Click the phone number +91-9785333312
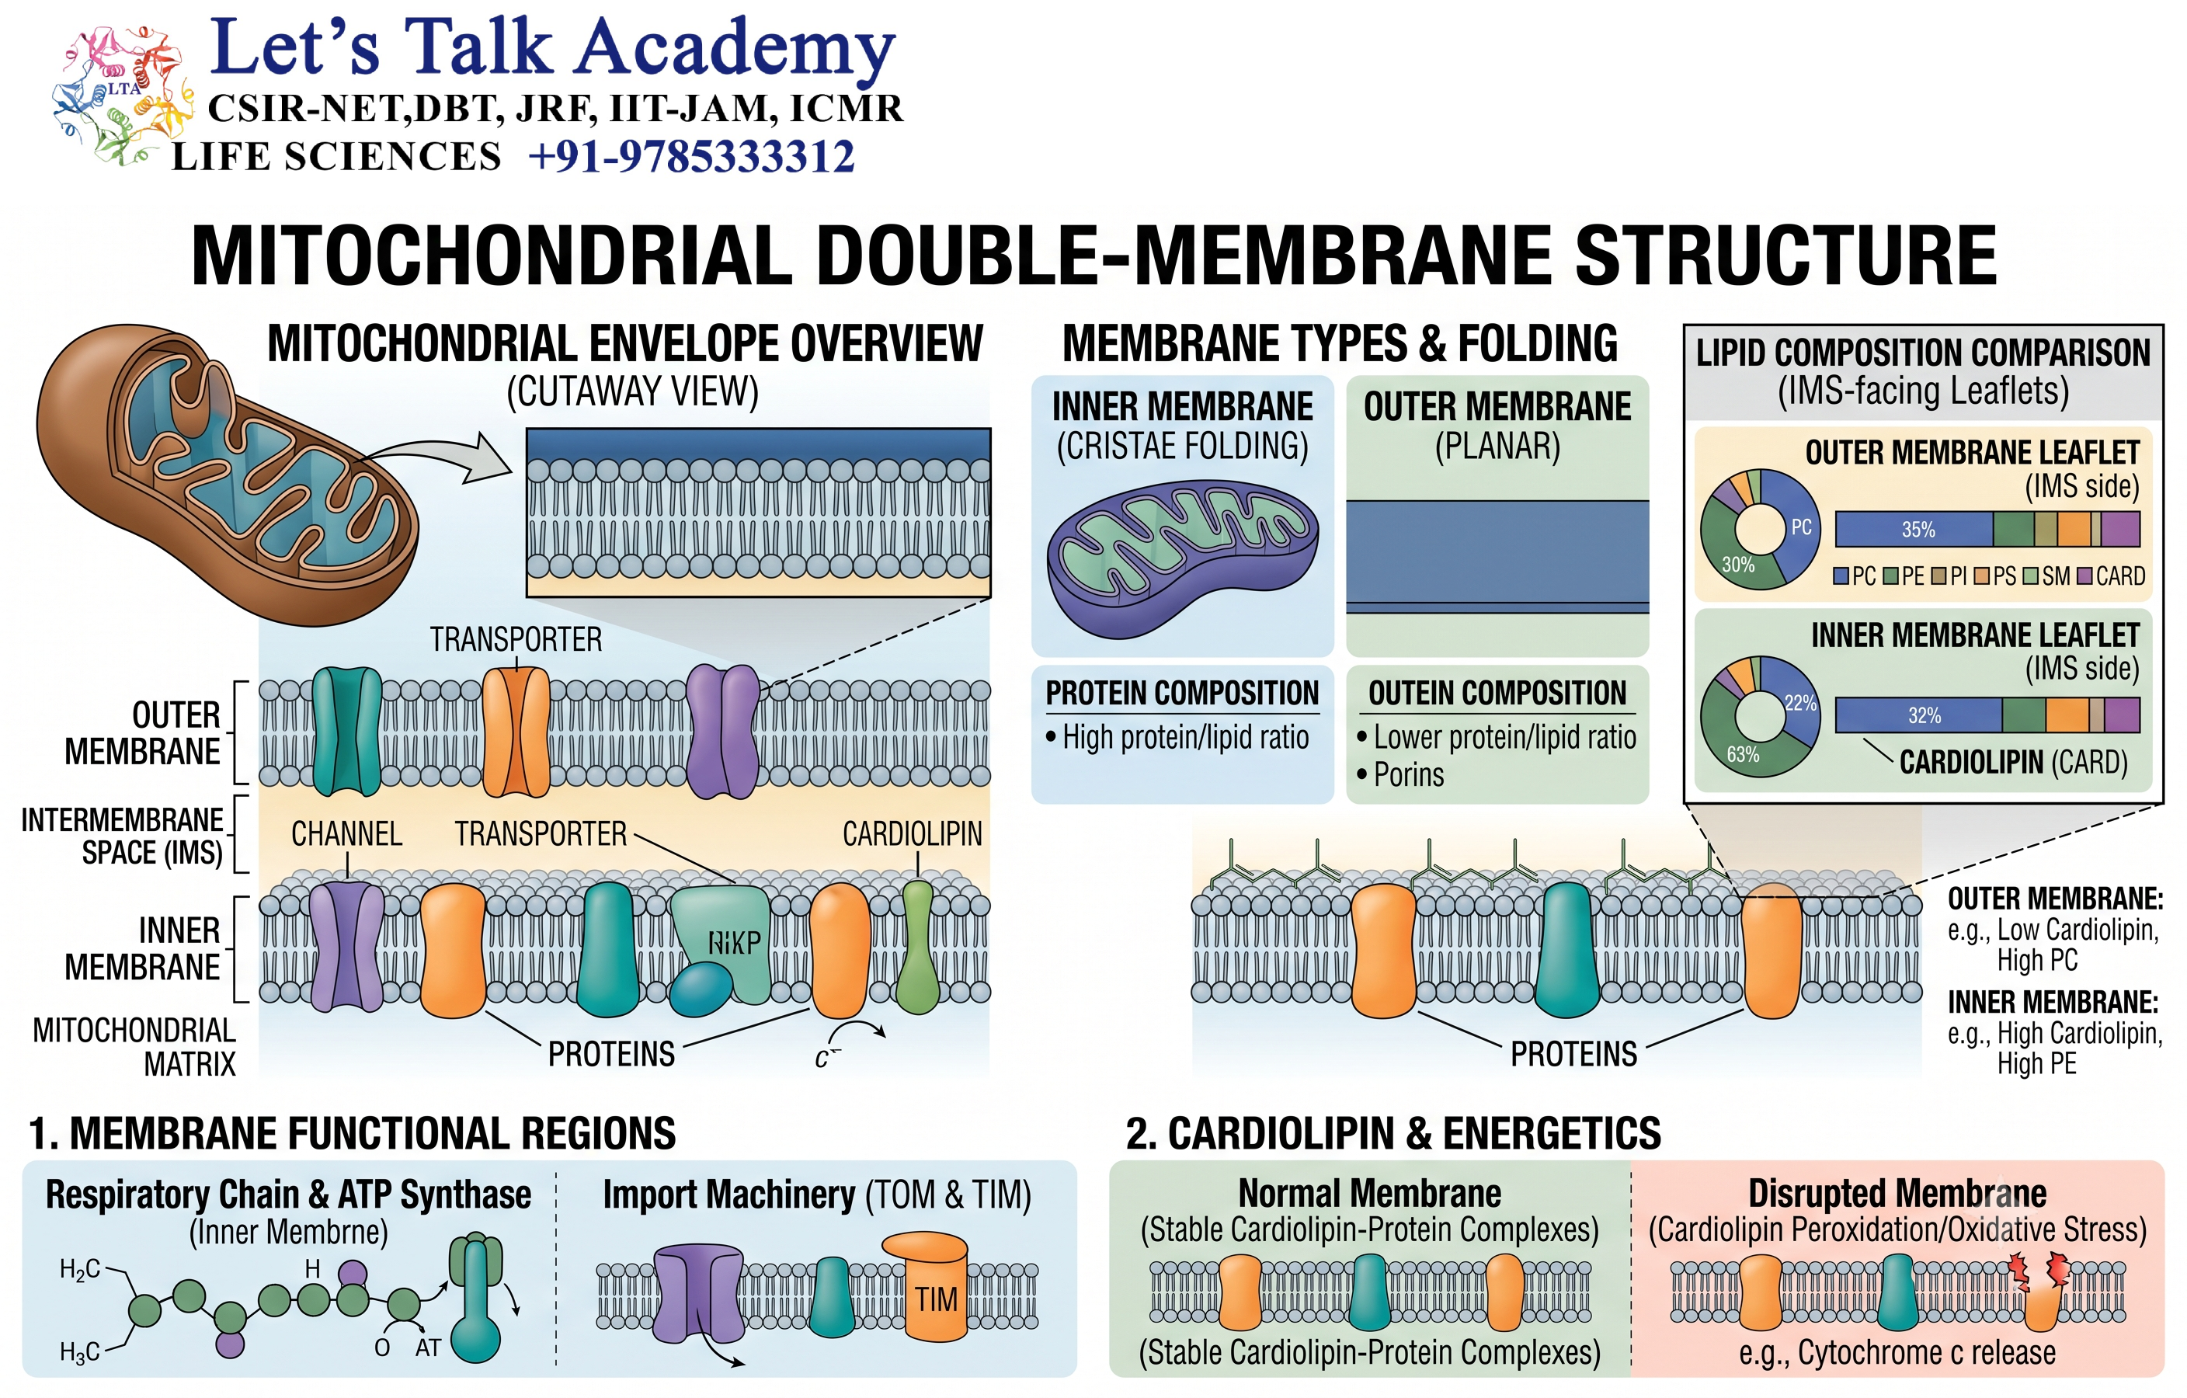(x=691, y=156)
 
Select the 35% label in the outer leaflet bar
(x=1918, y=530)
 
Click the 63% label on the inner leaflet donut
(x=1743, y=755)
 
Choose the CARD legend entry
(x=2112, y=576)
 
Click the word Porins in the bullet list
(x=1409, y=775)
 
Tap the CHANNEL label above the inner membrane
(x=346, y=834)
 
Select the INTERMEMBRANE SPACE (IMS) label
(x=122, y=836)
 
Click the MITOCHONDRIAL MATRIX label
(x=134, y=1046)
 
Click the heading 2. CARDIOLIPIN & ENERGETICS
(x=1393, y=1134)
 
